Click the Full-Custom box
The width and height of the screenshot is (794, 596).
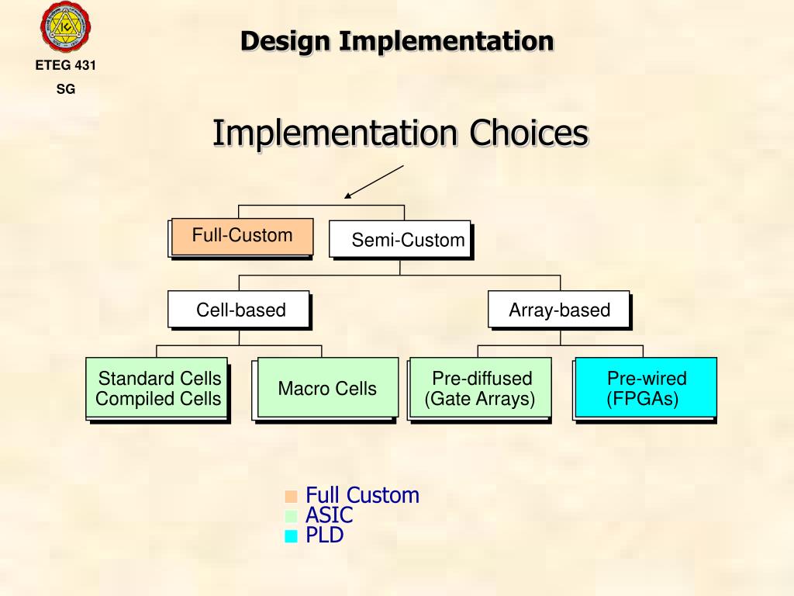point(242,237)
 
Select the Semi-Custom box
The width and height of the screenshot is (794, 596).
point(400,240)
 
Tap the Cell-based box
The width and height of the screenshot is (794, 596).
point(239,310)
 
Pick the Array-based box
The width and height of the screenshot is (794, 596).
point(559,310)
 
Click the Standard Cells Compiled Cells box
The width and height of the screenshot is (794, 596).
point(157,389)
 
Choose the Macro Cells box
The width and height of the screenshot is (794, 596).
point(327,388)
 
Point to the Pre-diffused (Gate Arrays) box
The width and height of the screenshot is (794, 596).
point(481,389)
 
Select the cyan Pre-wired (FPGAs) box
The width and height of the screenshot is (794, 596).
point(646,389)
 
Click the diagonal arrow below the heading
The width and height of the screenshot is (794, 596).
point(375,182)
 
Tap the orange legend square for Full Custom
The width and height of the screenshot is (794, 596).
point(291,497)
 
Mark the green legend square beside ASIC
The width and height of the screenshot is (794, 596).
point(291,516)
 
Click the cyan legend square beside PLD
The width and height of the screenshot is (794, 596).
point(291,535)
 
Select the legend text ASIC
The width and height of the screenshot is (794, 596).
point(329,515)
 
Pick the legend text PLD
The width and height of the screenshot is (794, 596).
point(324,535)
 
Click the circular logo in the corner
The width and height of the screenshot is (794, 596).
point(65,27)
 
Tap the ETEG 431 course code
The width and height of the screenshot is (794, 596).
point(66,66)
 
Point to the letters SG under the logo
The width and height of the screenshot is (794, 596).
point(66,89)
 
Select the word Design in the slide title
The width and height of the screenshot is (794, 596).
point(285,40)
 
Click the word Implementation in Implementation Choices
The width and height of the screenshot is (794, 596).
point(335,133)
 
